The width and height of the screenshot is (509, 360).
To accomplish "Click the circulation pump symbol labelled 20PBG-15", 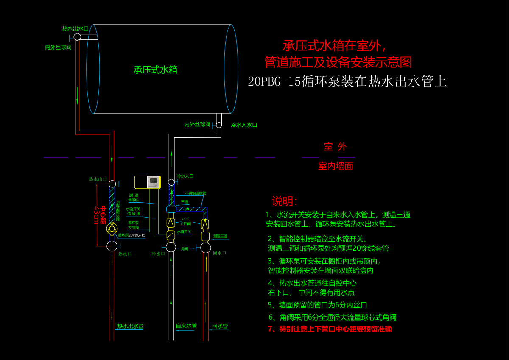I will tap(112, 229).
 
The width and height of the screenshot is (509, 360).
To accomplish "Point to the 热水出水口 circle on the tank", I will tap(77, 37).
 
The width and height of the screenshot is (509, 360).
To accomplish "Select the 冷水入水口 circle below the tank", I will tap(219, 125).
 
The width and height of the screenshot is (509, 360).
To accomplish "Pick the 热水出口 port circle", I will tap(112, 184).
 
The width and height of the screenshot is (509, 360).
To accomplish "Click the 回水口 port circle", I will tap(206, 247).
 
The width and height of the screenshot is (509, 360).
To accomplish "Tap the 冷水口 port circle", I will tap(171, 247).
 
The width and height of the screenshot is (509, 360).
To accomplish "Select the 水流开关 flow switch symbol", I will tap(171, 234).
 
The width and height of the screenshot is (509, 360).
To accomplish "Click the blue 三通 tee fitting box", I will tap(171, 209).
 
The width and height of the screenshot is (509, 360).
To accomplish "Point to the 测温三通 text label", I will tap(220, 236).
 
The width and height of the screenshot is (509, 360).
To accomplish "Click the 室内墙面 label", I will tap(336, 166).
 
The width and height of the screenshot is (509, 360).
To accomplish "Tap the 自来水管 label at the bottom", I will tap(186, 326).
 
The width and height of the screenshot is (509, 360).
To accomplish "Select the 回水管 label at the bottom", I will tap(220, 326).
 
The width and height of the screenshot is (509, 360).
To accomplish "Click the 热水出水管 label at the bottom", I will tap(130, 327).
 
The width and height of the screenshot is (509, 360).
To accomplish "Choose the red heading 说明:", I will tap(285, 201).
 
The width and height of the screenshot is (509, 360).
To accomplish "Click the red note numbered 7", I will tap(330, 329).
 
